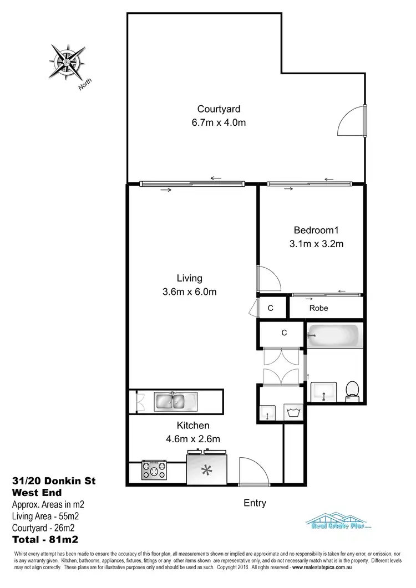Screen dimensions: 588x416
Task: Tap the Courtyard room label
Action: pyautogui.click(x=219, y=109)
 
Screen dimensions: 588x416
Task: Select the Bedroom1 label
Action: pyautogui.click(x=316, y=230)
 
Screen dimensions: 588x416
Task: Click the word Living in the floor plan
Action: pyautogui.click(x=189, y=278)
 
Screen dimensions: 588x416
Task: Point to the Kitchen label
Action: pyautogui.click(x=192, y=426)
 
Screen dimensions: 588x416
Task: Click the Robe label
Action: pyautogui.click(x=318, y=308)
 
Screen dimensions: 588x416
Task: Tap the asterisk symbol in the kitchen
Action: pyautogui.click(x=206, y=471)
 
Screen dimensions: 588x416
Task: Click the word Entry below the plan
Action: pyautogui.click(x=255, y=503)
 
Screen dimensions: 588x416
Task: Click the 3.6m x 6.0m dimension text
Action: pyautogui.click(x=189, y=292)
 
